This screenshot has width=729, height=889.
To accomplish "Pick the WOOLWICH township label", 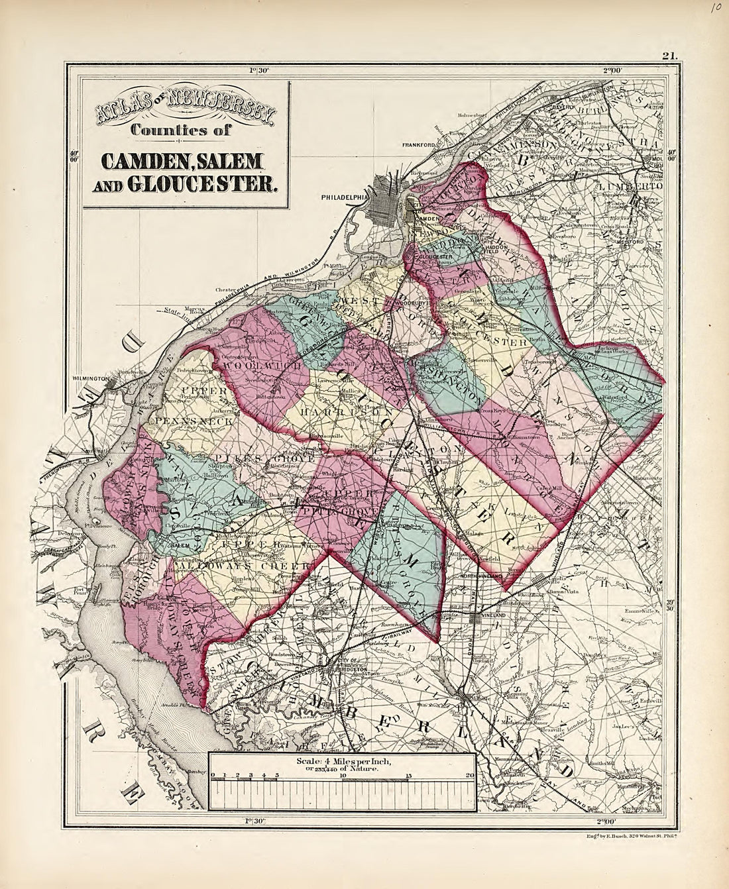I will pyautogui.click(x=253, y=366).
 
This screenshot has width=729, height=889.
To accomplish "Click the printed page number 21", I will pyautogui.click(x=667, y=56).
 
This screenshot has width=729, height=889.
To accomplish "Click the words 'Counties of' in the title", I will pyautogui.click(x=180, y=131).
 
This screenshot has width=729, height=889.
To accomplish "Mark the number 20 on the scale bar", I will pyautogui.click(x=469, y=775).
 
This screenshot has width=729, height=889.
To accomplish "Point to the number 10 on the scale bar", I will pyautogui.click(x=343, y=775).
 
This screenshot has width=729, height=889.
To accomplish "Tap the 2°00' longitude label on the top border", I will pyautogui.click(x=612, y=70).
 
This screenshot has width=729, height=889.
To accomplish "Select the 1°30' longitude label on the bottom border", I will pyautogui.click(x=255, y=821).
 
